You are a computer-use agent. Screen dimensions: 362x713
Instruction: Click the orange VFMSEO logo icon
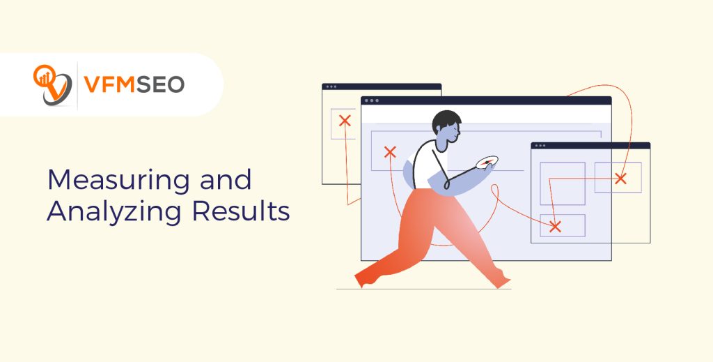[x=52, y=84]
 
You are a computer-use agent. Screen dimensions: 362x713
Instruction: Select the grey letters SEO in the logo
[x=161, y=85]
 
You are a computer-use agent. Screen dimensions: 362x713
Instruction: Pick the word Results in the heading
[x=237, y=212]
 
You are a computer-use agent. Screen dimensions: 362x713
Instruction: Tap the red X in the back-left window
[x=344, y=121]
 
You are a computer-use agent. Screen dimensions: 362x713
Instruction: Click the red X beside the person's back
[x=390, y=152]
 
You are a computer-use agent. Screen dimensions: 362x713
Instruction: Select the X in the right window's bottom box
[x=555, y=226]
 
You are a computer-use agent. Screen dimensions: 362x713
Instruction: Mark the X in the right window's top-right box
[x=620, y=179]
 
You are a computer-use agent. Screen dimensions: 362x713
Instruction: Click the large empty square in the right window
[x=562, y=183]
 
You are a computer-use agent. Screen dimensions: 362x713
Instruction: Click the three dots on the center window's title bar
[x=375, y=100]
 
